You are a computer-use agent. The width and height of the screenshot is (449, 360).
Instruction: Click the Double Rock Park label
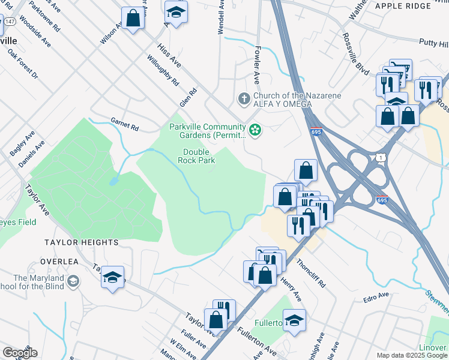point(196,156)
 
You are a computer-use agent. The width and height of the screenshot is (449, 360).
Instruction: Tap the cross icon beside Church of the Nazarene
point(244,97)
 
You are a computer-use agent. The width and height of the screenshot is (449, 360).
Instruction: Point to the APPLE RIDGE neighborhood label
point(403,6)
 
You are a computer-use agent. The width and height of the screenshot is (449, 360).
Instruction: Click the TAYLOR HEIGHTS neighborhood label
point(81,242)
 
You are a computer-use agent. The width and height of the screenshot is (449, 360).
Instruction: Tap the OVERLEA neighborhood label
point(60,262)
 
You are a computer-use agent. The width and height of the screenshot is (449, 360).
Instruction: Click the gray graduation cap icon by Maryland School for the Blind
point(73,281)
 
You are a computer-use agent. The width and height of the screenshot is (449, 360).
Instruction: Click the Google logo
point(19,353)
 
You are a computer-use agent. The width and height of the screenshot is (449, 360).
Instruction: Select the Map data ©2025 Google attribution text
point(411,355)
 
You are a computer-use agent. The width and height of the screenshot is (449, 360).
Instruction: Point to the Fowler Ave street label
point(256,67)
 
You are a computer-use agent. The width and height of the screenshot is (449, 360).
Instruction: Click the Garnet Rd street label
point(125,124)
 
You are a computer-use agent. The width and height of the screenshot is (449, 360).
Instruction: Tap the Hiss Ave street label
point(169,55)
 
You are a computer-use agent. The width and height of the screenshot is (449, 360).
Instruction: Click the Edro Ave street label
point(376,298)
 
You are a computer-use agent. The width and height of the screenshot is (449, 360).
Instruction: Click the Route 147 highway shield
point(10,22)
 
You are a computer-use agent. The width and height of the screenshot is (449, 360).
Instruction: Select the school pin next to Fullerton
point(294,320)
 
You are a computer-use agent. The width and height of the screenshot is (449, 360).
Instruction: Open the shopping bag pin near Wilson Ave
point(133,18)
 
